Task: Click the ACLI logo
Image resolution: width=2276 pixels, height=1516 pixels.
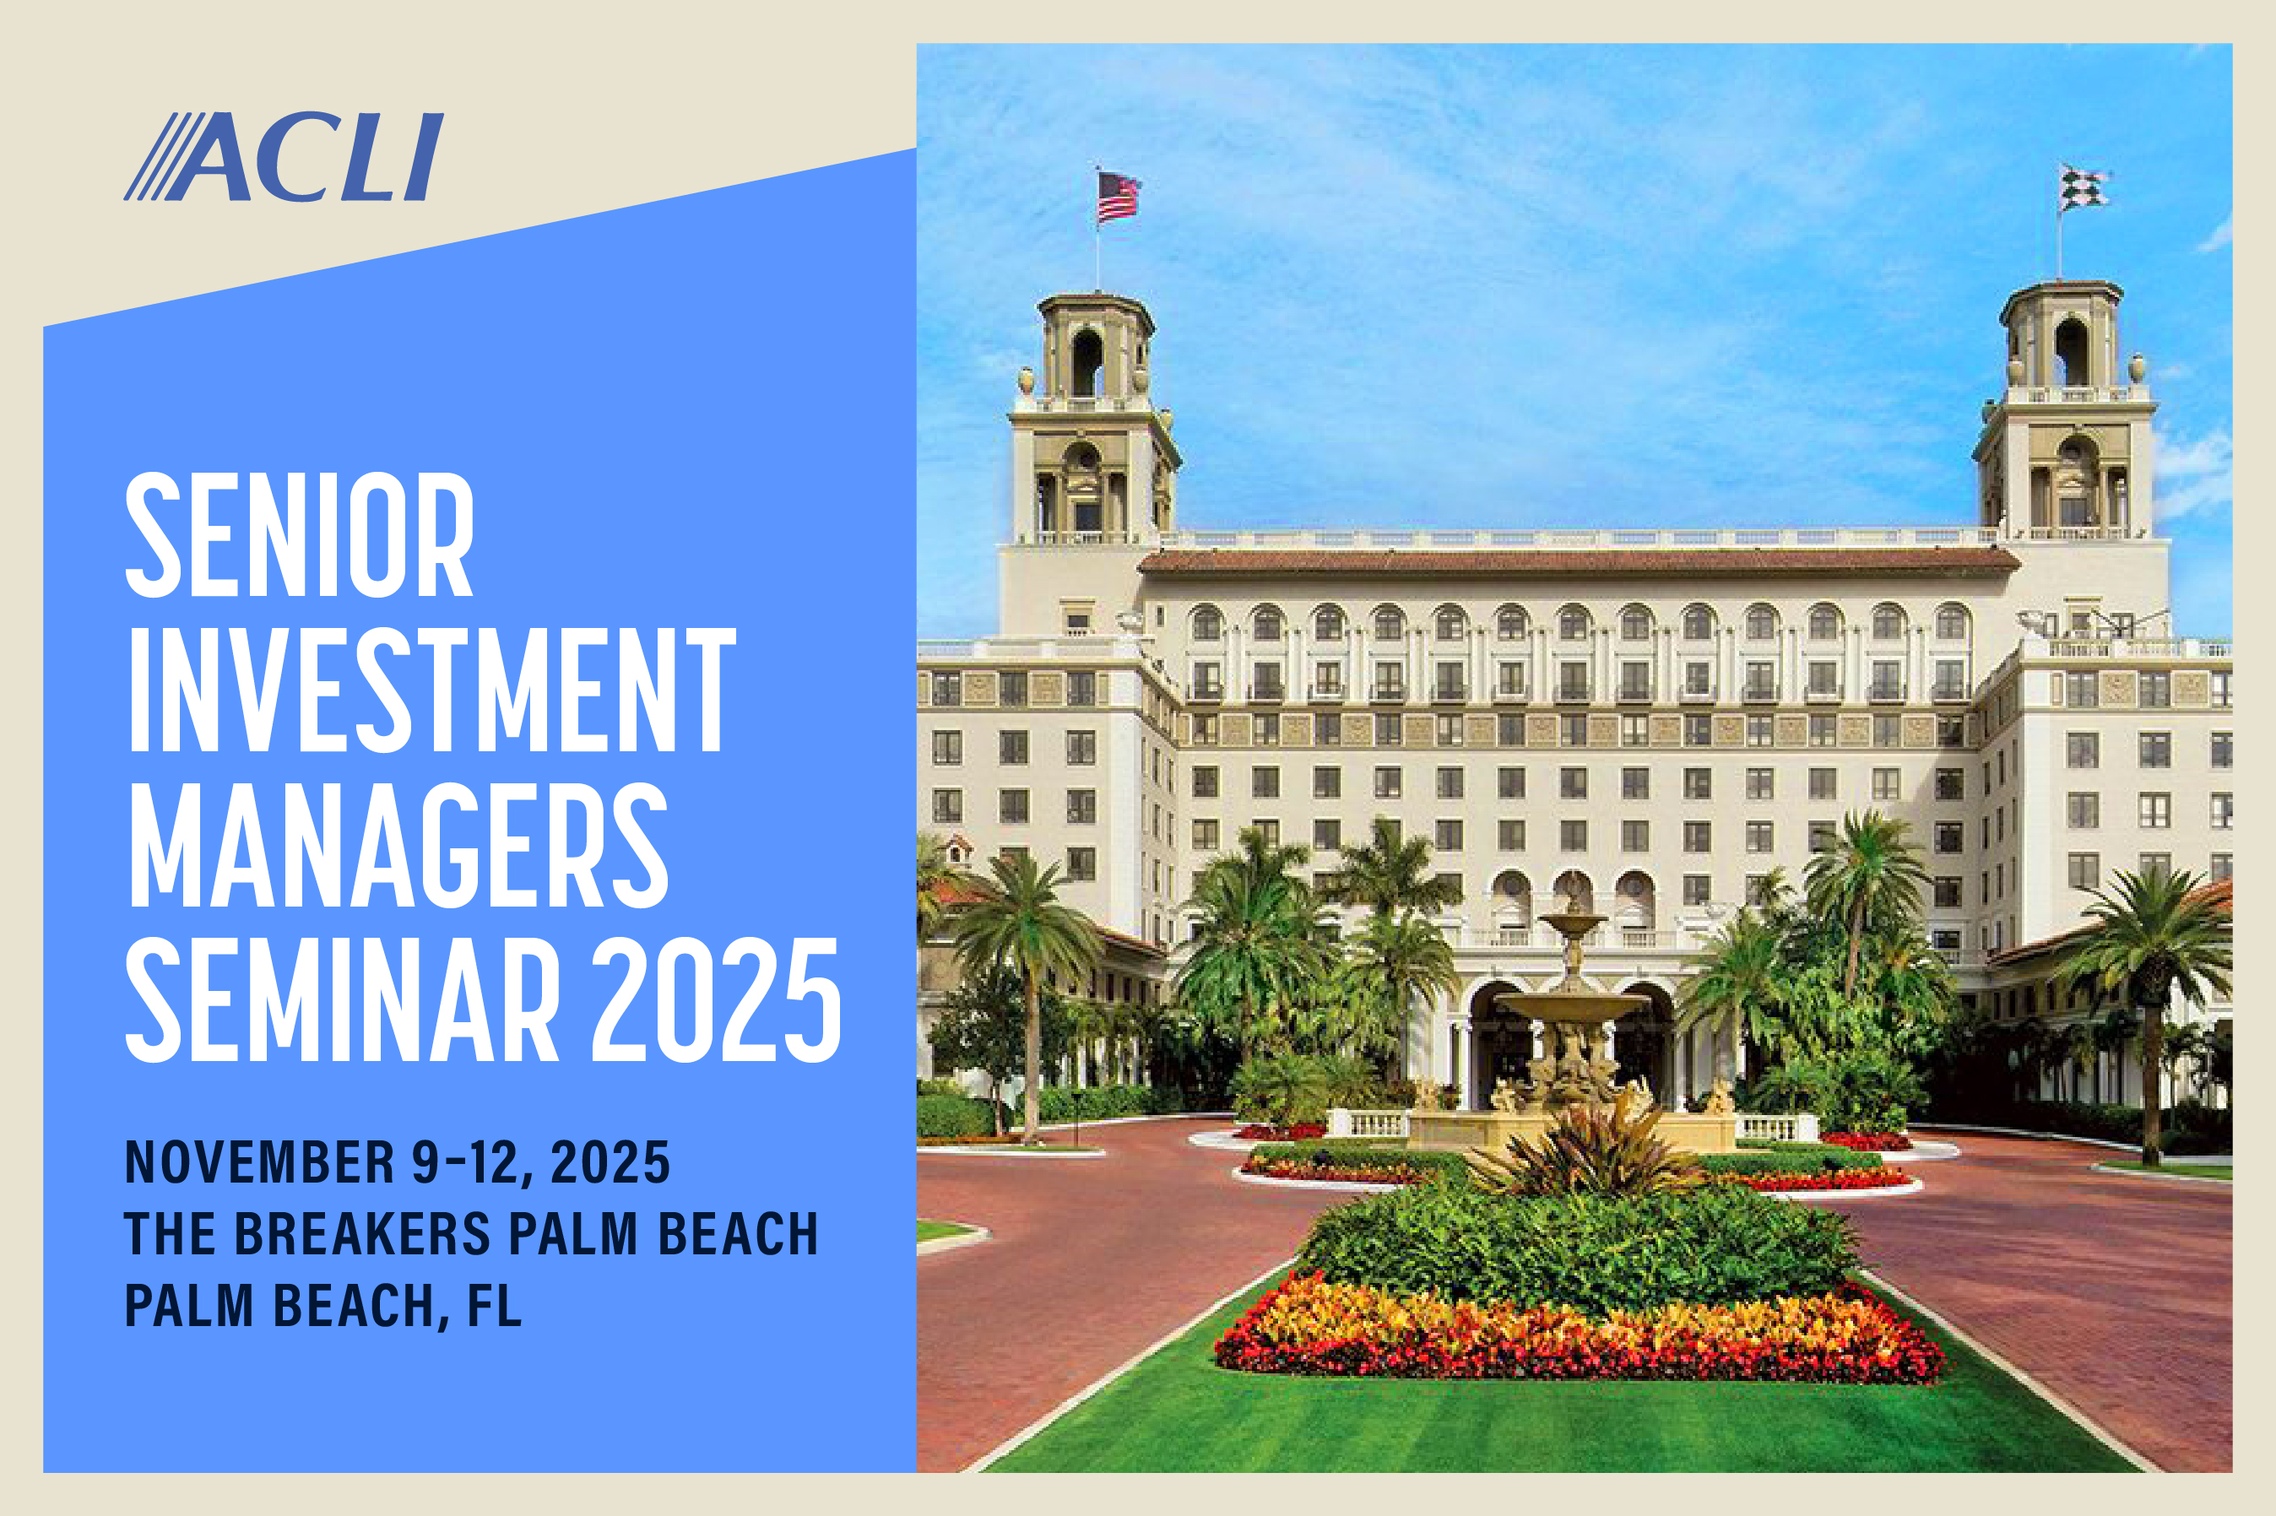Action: [x=284, y=157]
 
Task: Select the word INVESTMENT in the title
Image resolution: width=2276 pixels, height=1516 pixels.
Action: [x=431, y=690]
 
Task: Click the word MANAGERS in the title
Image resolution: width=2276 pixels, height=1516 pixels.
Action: [x=398, y=844]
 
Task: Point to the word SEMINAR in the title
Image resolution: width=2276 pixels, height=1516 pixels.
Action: [x=342, y=999]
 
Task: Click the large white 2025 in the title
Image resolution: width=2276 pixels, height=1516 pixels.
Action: [x=717, y=999]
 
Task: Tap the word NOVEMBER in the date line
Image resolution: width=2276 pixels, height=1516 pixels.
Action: [x=259, y=1162]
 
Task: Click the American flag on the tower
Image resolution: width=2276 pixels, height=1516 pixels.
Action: [x=1119, y=198]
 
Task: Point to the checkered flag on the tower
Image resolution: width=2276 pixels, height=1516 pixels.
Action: [x=2083, y=188]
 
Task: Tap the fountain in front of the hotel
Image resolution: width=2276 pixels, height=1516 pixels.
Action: [x=1572, y=1025]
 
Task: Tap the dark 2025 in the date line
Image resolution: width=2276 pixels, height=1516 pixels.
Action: [x=610, y=1162]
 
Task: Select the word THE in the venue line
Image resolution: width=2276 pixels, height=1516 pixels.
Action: [x=171, y=1234]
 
